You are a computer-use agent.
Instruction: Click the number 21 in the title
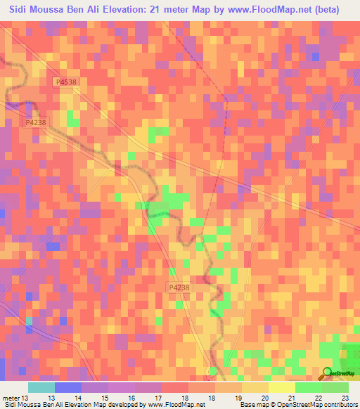[x=191, y=10]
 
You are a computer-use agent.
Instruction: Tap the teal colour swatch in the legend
[x=41, y=387]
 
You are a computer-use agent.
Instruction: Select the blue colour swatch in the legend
[x=68, y=387]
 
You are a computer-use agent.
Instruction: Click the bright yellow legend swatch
[x=282, y=387]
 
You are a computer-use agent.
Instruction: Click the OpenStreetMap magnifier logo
[x=328, y=373]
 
